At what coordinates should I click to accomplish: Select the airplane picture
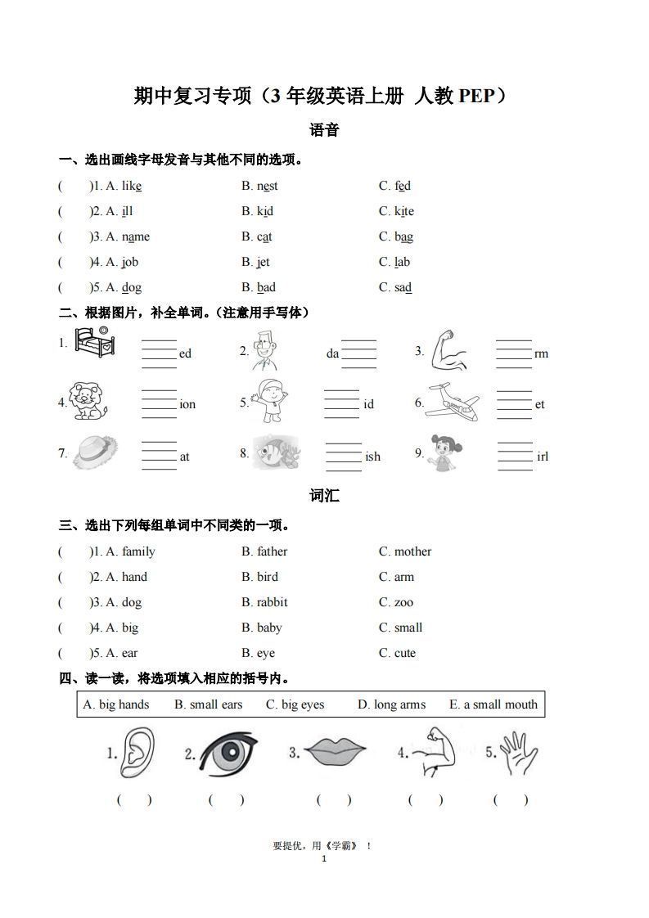[453, 402]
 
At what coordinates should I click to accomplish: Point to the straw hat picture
[95, 452]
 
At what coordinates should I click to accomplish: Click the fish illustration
[277, 452]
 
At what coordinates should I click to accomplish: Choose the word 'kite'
[404, 211]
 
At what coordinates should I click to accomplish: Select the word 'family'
[138, 551]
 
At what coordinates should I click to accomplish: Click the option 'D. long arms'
[391, 704]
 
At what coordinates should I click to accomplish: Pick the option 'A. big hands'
[116, 704]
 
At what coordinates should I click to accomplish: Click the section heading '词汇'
[324, 496]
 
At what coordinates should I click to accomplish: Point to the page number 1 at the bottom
[324, 858]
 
